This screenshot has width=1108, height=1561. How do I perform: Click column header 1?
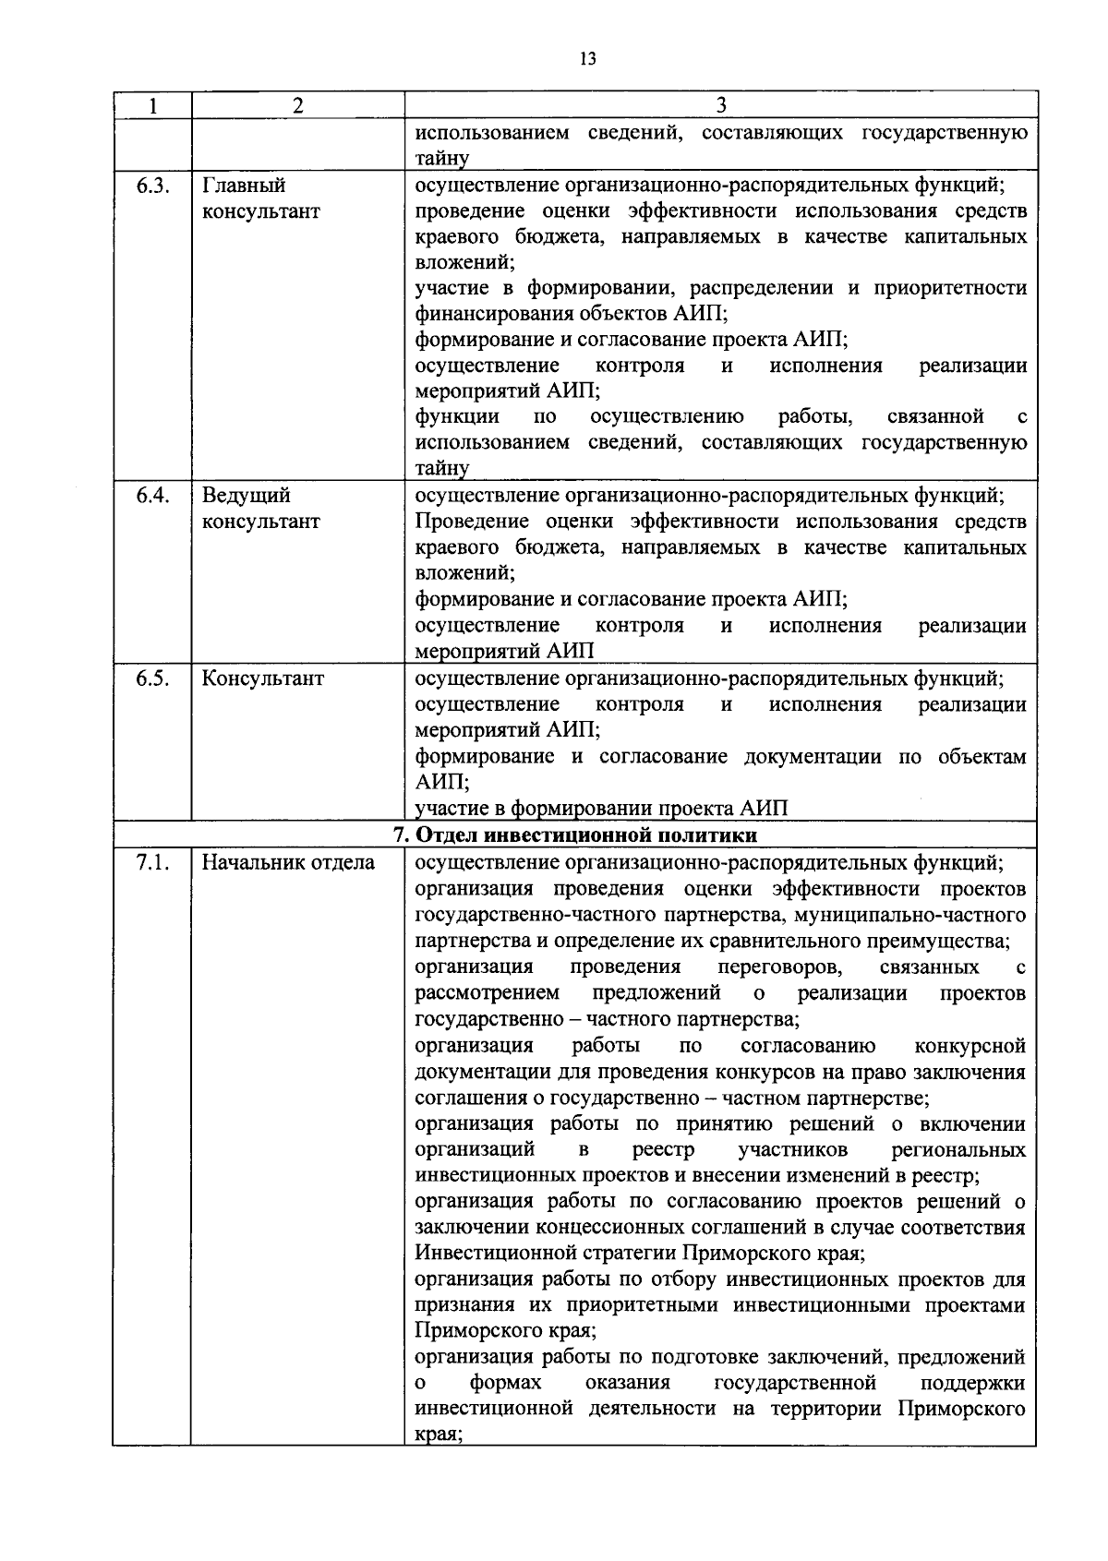click(151, 105)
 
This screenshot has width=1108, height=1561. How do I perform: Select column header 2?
click(297, 105)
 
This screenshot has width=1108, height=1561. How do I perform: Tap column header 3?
click(721, 105)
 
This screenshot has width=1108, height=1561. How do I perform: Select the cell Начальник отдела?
click(288, 863)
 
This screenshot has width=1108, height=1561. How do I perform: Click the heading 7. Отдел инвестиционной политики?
click(574, 835)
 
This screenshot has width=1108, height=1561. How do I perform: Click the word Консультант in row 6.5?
click(263, 678)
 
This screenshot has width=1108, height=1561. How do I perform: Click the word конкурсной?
click(969, 1047)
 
